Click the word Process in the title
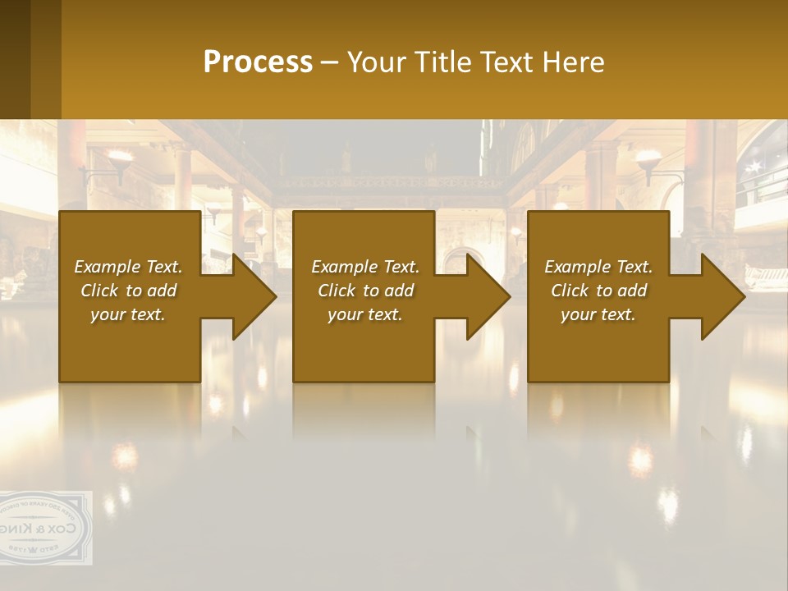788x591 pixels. pos(258,62)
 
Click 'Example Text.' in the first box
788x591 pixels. pos(128,267)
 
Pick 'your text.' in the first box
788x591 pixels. pos(128,314)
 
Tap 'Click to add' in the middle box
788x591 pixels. pos(365,291)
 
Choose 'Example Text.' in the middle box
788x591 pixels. pos(365,267)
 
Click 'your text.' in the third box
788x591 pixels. pos(598,314)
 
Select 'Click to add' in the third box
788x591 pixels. pos(598,291)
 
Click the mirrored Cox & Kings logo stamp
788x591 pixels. pos(45,528)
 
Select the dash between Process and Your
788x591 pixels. pos(329,63)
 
